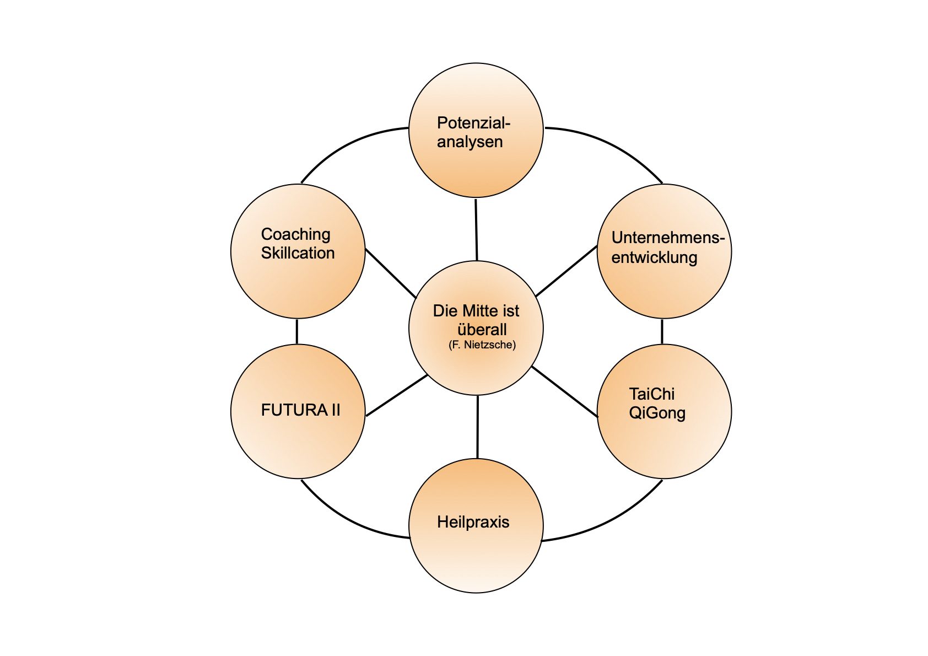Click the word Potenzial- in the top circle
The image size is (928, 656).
click(473, 123)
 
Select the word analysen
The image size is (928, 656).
click(470, 142)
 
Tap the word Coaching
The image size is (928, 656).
click(295, 234)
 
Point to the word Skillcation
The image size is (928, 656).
click(298, 253)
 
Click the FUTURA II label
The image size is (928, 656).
click(300, 410)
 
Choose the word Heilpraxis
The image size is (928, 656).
click(473, 522)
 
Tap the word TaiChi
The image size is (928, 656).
click(651, 394)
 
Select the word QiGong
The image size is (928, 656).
click(657, 413)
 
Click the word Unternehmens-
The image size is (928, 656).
click(668, 238)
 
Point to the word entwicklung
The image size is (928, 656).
click(654, 257)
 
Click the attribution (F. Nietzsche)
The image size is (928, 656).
click(482, 345)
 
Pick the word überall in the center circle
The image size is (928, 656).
click(482, 330)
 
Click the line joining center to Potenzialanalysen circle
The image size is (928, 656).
click(476, 229)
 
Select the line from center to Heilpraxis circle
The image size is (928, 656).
click(477, 427)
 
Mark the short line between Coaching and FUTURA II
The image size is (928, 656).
click(297, 331)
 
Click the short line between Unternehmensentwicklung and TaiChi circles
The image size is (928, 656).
click(662, 331)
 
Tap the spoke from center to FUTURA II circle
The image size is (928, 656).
click(396, 395)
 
